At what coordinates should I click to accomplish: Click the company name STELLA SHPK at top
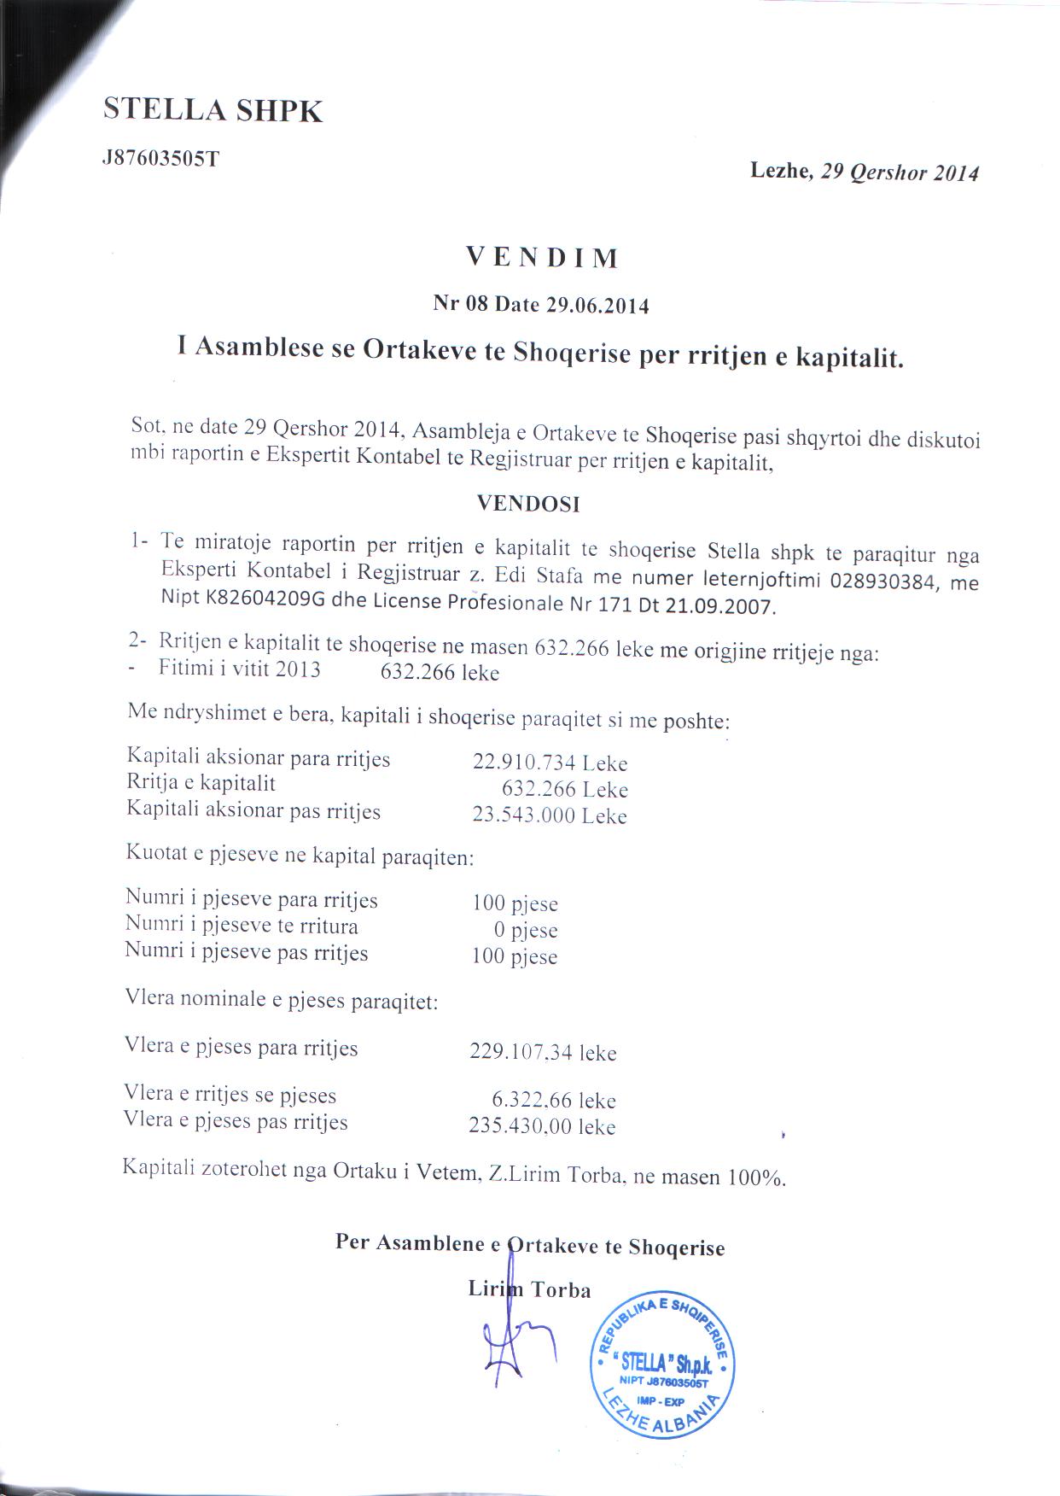click(x=213, y=110)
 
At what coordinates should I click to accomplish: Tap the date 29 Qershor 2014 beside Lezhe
click(x=899, y=172)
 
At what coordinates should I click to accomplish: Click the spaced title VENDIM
click(x=543, y=257)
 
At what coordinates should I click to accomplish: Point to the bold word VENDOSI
click(x=528, y=504)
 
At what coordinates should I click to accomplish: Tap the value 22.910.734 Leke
click(x=550, y=763)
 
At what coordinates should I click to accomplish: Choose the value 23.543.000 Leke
click(x=550, y=815)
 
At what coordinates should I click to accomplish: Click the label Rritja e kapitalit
click(x=201, y=783)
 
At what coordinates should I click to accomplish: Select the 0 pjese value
click(x=526, y=930)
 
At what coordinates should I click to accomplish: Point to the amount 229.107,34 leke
click(x=543, y=1052)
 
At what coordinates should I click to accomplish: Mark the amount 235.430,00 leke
click(x=542, y=1127)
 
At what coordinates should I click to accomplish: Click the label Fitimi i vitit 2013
click(x=240, y=669)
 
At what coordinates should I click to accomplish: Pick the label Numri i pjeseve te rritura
click(x=242, y=926)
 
